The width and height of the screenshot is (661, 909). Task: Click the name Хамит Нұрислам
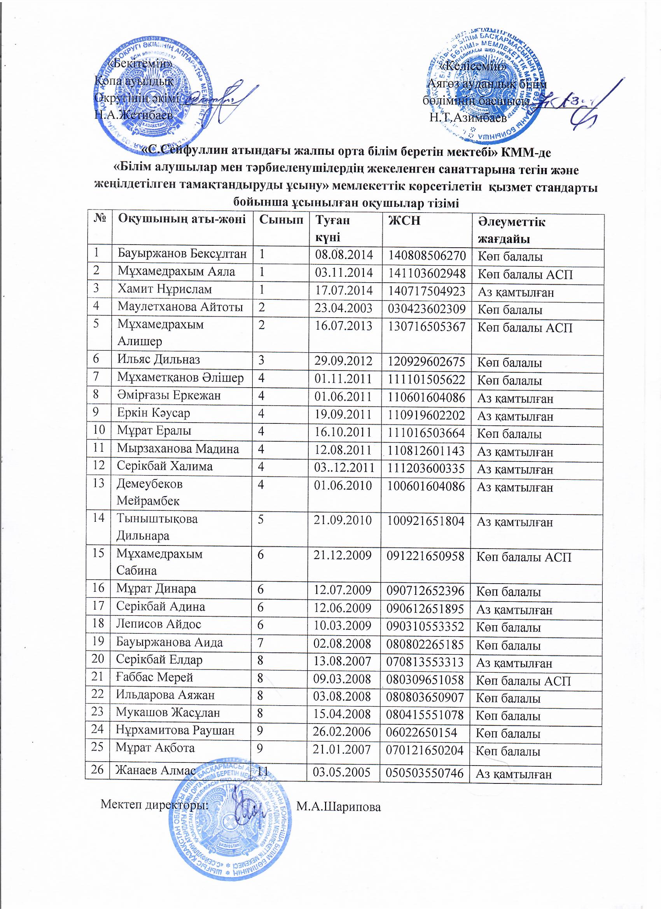(165, 289)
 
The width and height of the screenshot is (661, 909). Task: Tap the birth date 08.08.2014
(344, 255)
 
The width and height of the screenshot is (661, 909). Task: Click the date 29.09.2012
(344, 361)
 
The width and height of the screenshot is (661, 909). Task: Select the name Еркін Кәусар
(154, 413)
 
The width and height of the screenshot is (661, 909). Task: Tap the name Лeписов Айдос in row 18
(158, 624)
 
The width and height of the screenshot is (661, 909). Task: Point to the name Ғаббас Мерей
(155, 677)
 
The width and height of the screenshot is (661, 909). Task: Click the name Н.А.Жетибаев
(134, 115)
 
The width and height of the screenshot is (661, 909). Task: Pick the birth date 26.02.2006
(342, 731)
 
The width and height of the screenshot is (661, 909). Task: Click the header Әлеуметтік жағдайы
(511, 231)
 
